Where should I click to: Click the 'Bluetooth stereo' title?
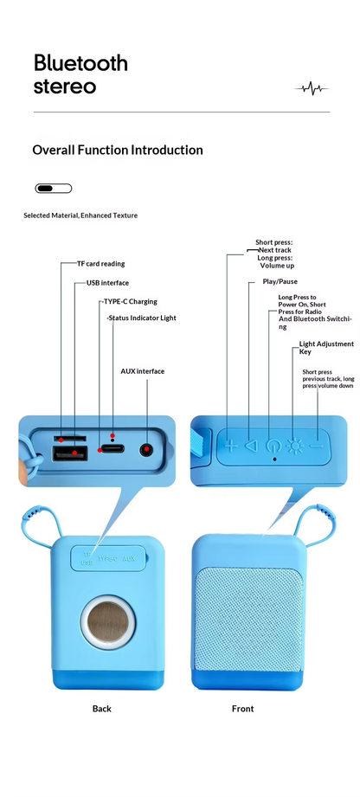click(x=80, y=74)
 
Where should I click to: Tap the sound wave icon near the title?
click(x=312, y=89)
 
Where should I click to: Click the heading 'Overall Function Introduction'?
click(x=118, y=150)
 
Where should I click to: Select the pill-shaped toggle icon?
click(x=54, y=189)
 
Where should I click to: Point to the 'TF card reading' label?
click(x=100, y=264)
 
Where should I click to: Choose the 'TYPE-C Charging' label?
click(x=130, y=301)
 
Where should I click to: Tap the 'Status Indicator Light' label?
click(x=142, y=318)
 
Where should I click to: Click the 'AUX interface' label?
click(x=143, y=371)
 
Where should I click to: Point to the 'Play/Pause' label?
click(x=280, y=281)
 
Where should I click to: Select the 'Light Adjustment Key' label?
click(x=326, y=348)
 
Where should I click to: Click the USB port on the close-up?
click(x=69, y=453)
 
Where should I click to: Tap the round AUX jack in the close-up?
click(x=147, y=450)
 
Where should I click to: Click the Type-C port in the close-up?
click(x=112, y=449)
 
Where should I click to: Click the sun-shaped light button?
click(x=293, y=446)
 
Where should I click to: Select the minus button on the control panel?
click(x=317, y=447)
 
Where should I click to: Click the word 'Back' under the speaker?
click(x=102, y=709)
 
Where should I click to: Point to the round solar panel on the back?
click(x=108, y=621)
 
